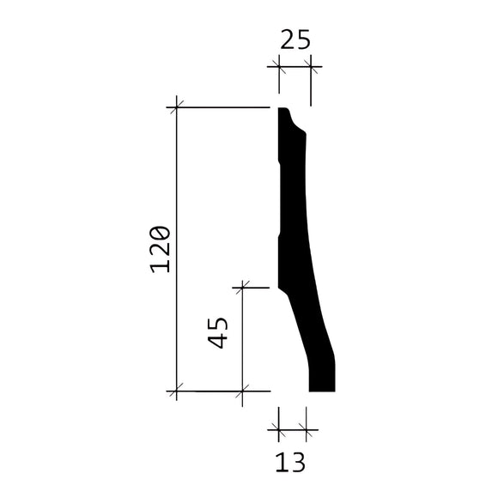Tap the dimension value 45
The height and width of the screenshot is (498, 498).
(218, 332)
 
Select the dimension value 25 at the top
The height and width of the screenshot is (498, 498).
(293, 39)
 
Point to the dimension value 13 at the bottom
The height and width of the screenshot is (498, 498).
(290, 462)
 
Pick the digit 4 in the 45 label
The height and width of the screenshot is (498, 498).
(218, 340)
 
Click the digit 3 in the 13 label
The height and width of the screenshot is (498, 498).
(298, 462)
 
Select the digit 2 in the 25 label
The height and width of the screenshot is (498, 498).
(284, 39)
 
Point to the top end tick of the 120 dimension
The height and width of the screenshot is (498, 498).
(176, 106)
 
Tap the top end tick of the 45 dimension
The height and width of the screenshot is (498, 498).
(243, 288)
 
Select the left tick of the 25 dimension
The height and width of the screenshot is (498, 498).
(277, 64)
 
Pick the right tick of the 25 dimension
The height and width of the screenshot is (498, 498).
(310, 64)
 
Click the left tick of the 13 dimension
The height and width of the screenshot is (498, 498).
(277, 428)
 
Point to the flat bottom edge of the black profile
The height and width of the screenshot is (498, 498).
(321, 391)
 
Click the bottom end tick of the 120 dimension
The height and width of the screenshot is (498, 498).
(176, 392)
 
